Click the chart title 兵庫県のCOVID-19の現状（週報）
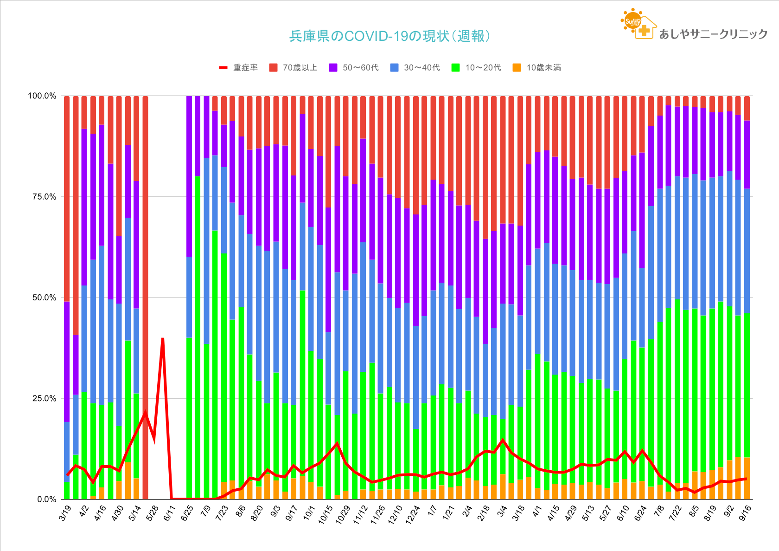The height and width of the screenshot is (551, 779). [x=389, y=36]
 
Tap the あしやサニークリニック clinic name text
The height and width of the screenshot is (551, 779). [x=713, y=34]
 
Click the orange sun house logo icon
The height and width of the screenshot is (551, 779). [x=638, y=24]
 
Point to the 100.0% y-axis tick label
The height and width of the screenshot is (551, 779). [x=42, y=96]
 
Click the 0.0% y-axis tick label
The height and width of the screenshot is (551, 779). [x=46, y=499]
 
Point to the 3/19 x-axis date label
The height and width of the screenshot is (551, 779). [x=66, y=513]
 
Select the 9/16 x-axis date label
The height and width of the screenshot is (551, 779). [x=745, y=513]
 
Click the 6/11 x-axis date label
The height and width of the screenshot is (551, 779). [x=170, y=513]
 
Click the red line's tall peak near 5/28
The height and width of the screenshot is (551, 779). [x=163, y=338]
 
